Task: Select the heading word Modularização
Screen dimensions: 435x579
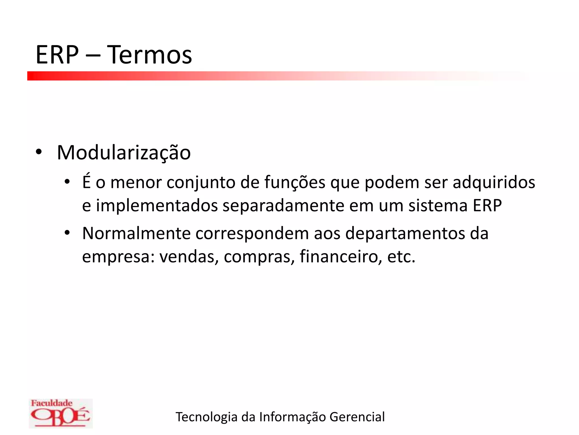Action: (x=124, y=153)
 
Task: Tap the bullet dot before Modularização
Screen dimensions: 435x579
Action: (x=39, y=152)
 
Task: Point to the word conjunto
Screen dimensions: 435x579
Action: (x=201, y=182)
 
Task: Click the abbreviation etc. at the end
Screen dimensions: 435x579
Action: (x=401, y=257)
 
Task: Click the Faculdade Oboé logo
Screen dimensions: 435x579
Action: (x=61, y=413)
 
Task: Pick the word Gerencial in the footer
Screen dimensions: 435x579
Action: (x=357, y=417)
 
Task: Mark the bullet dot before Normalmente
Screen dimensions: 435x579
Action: (x=67, y=233)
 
